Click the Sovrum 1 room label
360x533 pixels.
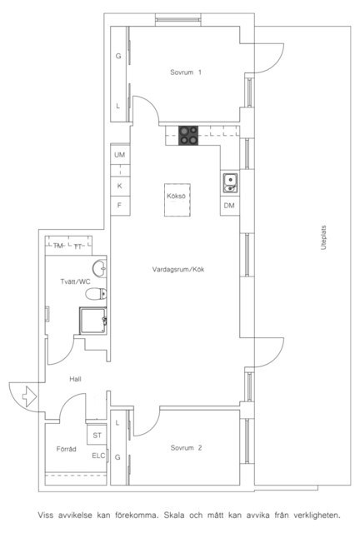click(x=186, y=72)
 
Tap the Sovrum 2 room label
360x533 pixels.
click(x=186, y=448)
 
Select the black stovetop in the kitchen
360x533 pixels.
click(x=188, y=135)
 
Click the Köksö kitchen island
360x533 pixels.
click(x=177, y=200)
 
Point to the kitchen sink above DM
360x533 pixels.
click(x=230, y=183)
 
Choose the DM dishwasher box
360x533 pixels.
click(x=229, y=206)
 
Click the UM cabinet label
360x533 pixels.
click(x=119, y=155)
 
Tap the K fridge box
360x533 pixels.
click(x=120, y=187)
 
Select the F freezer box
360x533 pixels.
click(x=120, y=206)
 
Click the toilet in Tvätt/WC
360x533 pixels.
click(x=96, y=294)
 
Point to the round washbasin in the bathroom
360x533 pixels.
click(x=99, y=268)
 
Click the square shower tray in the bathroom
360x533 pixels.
click(x=92, y=321)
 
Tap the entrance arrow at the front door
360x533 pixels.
click(x=29, y=396)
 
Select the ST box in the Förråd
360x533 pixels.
click(x=97, y=435)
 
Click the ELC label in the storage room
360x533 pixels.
click(x=98, y=456)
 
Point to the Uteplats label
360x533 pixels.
click(x=323, y=237)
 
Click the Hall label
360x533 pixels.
click(x=75, y=379)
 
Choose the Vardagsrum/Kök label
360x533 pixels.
click(x=178, y=270)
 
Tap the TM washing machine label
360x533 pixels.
click(x=58, y=246)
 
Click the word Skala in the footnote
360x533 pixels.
click(x=174, y=515)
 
